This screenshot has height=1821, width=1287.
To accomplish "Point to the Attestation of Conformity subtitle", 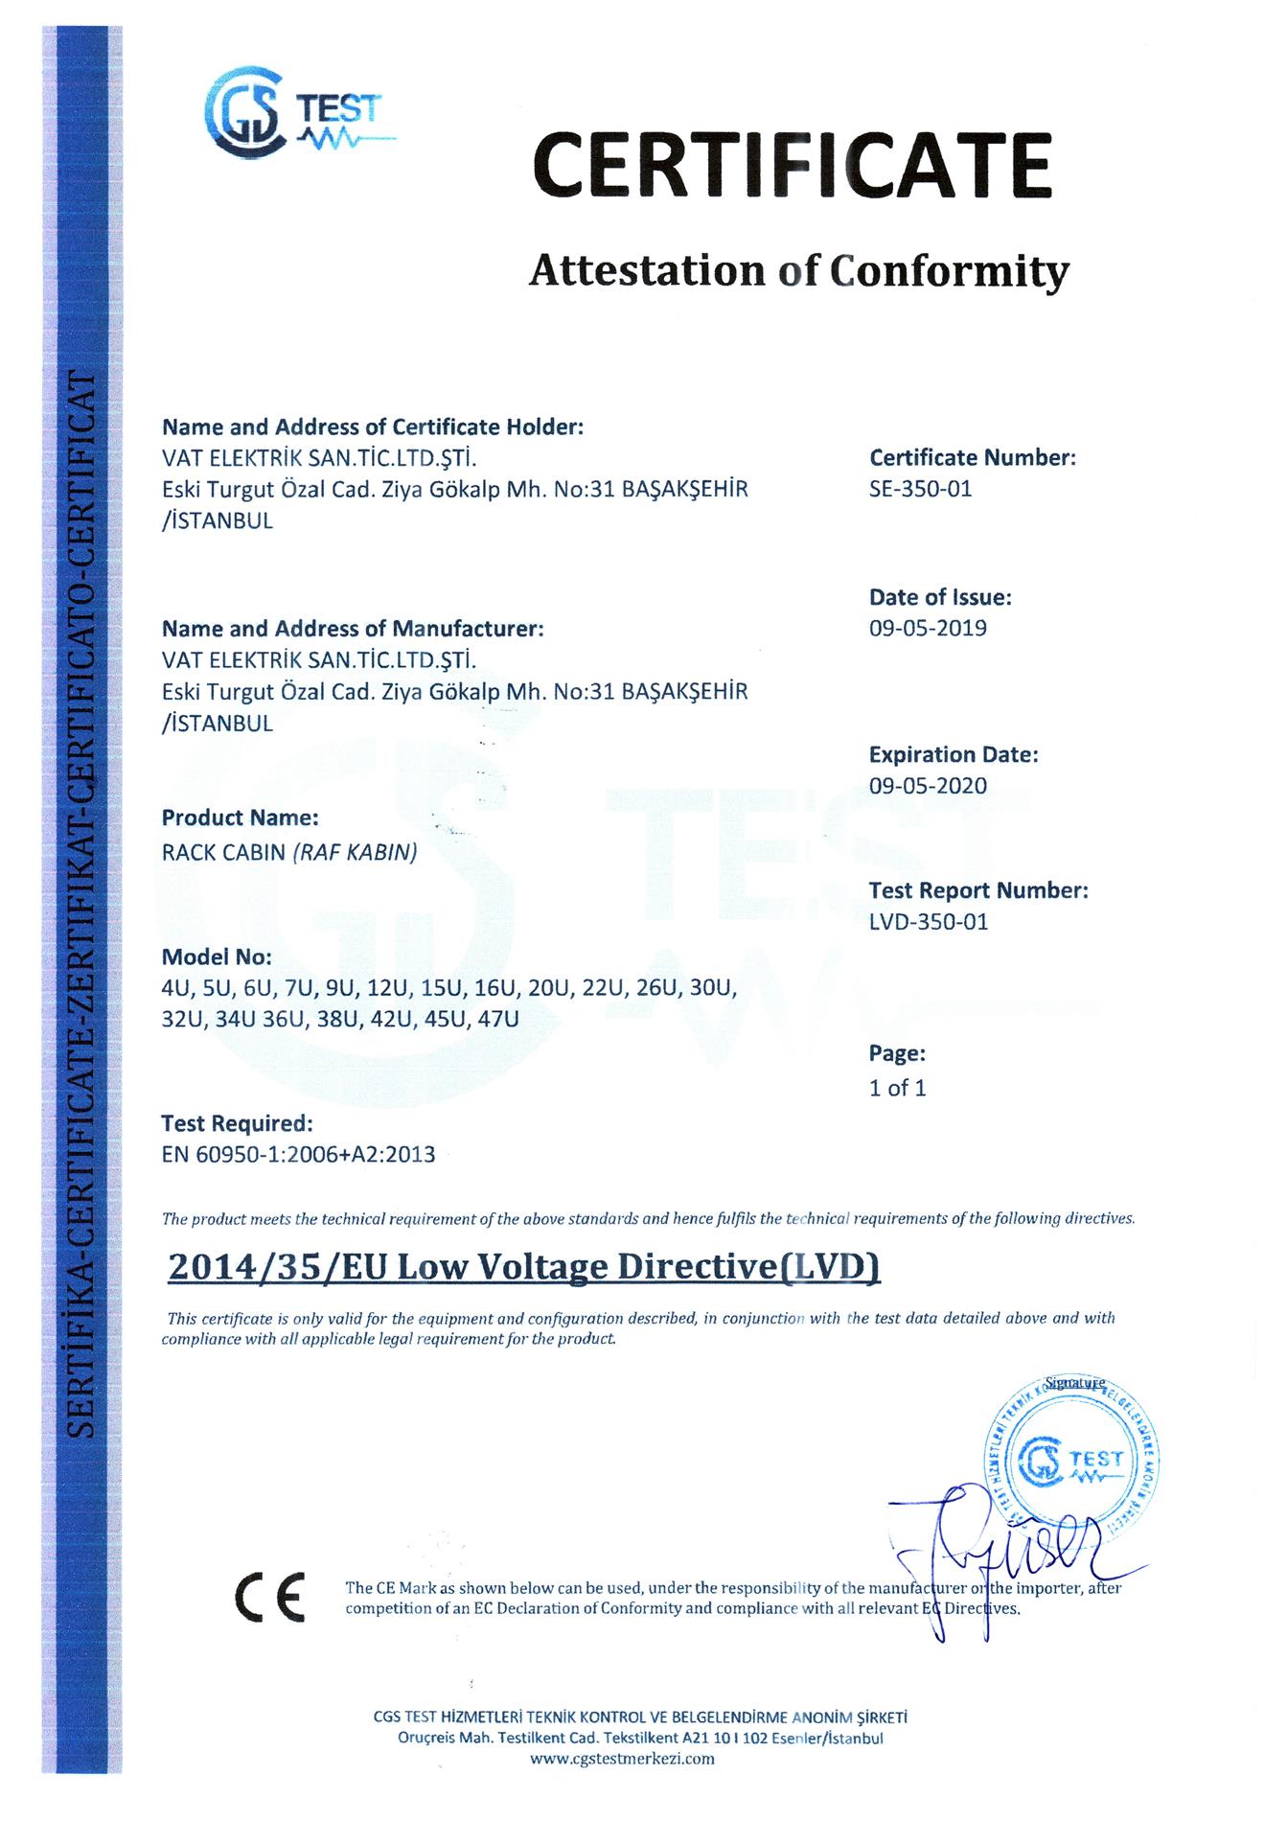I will [x=798, y=271].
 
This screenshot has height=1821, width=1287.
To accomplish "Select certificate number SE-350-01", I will [x=920, y=489].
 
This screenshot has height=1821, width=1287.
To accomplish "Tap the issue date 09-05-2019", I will [x=928, y=629].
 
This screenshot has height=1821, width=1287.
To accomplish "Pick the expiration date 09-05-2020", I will [x=928, y=786].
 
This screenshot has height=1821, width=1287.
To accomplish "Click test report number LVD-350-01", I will [x=928, y=922].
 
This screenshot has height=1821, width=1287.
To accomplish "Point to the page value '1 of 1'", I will [x=897, y=1088].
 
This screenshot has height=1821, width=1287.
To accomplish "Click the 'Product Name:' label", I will [x=240, y=818].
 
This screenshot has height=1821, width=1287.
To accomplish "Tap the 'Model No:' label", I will [x=217, y=957].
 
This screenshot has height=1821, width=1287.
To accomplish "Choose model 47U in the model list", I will [x=497, y=1019].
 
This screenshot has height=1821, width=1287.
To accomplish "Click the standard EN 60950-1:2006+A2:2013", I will [x=299, y=1155].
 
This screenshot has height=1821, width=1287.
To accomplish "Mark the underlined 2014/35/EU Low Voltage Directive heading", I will [x=523, y=1267].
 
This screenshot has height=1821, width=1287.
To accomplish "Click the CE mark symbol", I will [x=269, y=1596].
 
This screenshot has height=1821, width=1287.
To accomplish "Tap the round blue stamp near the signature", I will [x=1071, y=1459].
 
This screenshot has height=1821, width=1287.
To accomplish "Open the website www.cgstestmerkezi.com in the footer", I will [x=622, y=1759].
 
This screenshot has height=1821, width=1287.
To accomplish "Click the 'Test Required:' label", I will [x=237, y=1122].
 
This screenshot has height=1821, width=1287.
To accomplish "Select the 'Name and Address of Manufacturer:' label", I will [x=353, y=630].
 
